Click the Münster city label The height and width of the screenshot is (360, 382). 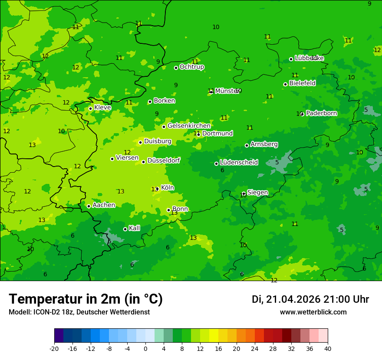pos(227,91)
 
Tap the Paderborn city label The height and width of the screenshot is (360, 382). pos(321,113)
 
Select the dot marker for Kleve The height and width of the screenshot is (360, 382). pos(90,108)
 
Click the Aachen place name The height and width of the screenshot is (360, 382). pos(104,205)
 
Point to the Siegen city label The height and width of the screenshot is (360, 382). pos(257,193)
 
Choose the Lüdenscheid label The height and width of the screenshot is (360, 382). pos(239,163)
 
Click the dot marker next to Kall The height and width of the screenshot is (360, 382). pos(125,229)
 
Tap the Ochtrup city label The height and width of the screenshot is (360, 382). pos(191,67)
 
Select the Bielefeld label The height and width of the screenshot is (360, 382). pos(302,83)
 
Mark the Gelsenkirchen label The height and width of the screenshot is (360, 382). pos(189,126)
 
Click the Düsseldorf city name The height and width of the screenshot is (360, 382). pos(163,160)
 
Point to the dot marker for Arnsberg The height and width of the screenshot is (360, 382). pos(247,145)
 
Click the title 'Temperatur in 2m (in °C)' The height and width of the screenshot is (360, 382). pos(86,299)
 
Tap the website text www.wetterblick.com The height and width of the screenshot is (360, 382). pos(313,312)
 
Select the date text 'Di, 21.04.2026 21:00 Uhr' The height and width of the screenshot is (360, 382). pos(310,299)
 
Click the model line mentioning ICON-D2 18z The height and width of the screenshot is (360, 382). pos(79,312)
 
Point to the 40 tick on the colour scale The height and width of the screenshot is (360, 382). pos(327,348)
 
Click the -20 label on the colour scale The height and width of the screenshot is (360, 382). pos(54,348)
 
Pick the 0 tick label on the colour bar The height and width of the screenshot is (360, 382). pos(145,348)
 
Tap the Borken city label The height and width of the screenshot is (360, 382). pos(164,101)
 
